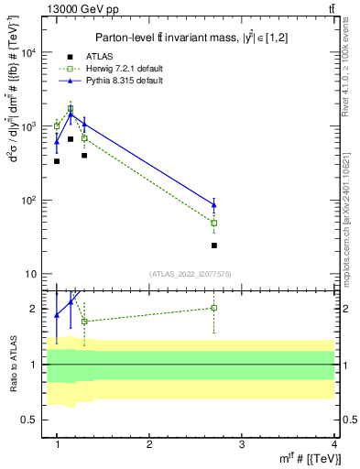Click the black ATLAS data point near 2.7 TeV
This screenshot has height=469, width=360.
pos(213,245)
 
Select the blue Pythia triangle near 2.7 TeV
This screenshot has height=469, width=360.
pos(213,205)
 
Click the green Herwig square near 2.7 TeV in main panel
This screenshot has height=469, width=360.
pos(213,223)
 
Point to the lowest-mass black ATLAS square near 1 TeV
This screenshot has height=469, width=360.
pos(57,161)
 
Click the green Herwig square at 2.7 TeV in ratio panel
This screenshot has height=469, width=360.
pos(213,308)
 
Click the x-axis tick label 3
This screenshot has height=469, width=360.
pos(241,444)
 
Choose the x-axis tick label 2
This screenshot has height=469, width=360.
pos(149,444)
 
